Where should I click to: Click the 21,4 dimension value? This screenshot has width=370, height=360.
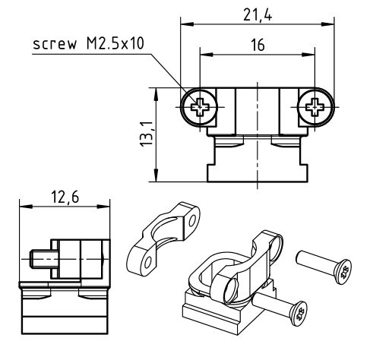(x=258, y=15)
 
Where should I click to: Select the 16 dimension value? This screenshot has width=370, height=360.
(x=258, y=45)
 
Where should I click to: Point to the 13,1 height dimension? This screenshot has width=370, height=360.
(x=147, y=134)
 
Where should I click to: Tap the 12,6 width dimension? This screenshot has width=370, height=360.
(x=65, y=197)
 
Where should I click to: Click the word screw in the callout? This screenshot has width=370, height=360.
(x=55, y=43)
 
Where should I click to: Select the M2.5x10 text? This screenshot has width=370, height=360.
(x=115, y=43)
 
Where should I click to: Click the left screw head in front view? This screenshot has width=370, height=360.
(x=200, y=107)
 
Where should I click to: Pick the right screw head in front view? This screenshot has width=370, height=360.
(x=315, y=107)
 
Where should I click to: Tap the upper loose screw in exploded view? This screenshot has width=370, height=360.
(x=324, y=267)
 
